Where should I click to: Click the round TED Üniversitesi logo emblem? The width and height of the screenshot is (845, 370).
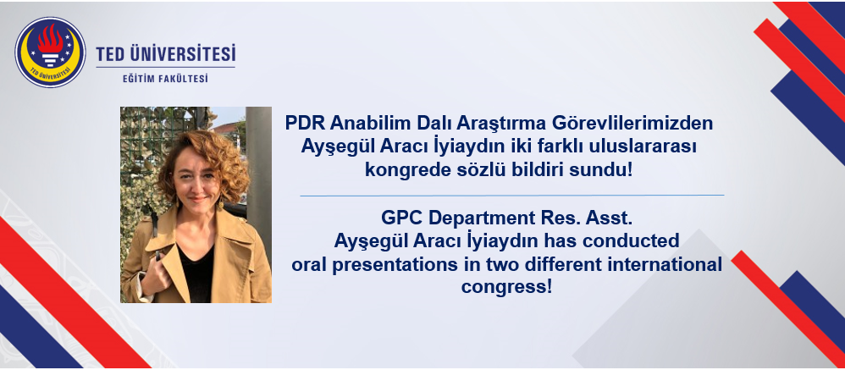[50, 52]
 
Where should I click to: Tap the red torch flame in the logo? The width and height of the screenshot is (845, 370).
[50, 41]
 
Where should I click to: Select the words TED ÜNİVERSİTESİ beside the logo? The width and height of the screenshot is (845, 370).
[166, 54]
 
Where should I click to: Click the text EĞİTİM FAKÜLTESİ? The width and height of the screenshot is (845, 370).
[165, 79]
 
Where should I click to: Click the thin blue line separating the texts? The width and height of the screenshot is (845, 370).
[512, 196]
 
